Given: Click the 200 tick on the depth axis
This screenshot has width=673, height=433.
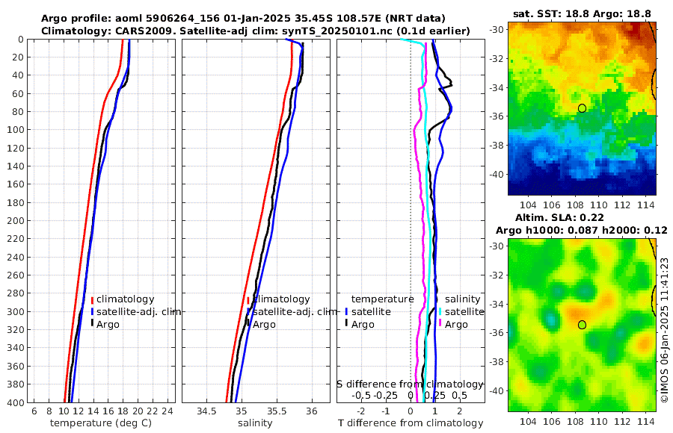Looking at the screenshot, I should click(14, 220).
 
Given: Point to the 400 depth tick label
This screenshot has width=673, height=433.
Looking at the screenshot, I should click(14, 402).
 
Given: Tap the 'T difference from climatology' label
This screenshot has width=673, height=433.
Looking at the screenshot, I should click(411, 423).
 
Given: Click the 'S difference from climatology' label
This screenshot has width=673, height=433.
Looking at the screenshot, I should click(410, 383).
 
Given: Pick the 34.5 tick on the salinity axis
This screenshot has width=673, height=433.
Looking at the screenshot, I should click(206, 411).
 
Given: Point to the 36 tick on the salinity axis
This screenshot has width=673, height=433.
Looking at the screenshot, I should click(313, 411).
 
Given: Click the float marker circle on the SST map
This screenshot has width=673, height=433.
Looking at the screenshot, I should click(582, 108).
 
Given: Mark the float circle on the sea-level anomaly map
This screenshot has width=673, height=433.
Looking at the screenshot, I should click(582, 325).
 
